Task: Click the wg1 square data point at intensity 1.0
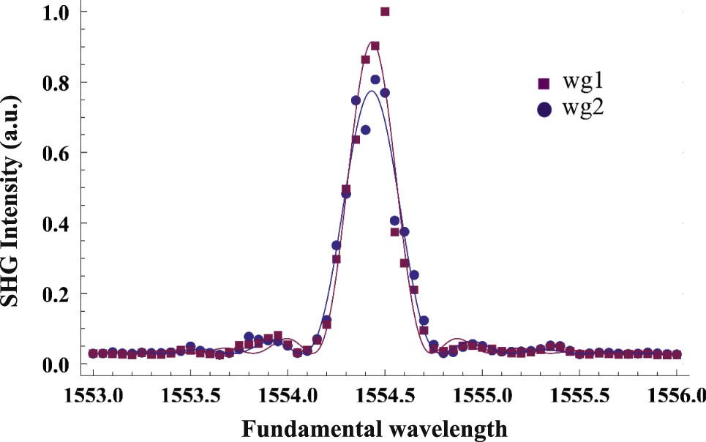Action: point(385,12)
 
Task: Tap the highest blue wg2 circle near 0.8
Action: point(375,80)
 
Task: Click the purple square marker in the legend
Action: point(544,83)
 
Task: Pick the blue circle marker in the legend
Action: point(544,109)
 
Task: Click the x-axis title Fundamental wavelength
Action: point(374,428)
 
